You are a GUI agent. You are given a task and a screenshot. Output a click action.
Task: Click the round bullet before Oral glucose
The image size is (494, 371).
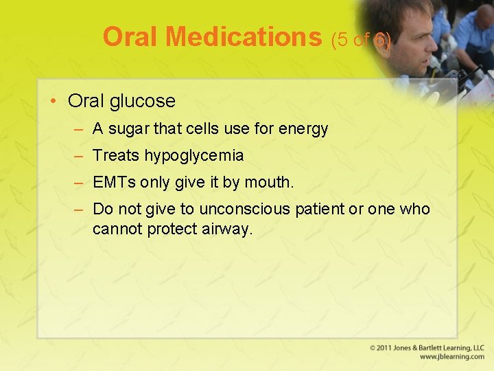(x=54, y=102)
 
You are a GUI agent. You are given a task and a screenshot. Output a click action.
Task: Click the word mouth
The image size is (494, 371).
(x=273, y=183)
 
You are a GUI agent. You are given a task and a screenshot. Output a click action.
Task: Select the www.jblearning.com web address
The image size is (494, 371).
(x=452, y=357)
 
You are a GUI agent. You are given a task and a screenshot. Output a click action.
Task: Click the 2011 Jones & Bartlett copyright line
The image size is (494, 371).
(x=427, y=348)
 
